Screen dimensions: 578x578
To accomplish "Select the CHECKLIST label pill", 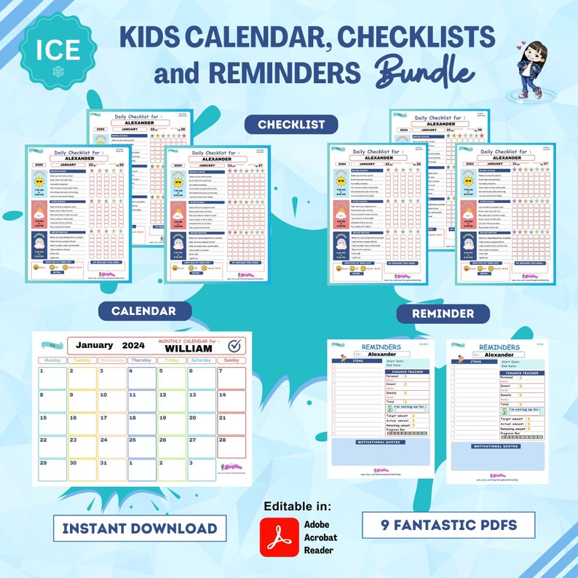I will pos(290,124).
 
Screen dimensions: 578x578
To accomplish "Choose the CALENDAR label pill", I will pos(143,311).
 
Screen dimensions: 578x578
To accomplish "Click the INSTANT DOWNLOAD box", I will pos(138,528).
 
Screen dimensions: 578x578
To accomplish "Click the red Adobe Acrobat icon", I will pos(279,537).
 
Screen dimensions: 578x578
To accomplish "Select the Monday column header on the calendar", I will pos(52,360).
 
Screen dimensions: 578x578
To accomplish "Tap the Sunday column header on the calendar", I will pos(231,360).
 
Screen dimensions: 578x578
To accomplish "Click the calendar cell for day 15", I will pos(52,423).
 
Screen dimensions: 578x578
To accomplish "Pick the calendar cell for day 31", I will pos(112,470).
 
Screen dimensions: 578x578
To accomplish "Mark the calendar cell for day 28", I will pos(231,446).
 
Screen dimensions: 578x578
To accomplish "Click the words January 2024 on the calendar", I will pos(111,346).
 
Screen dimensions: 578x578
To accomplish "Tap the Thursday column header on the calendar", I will pos(141,360).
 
